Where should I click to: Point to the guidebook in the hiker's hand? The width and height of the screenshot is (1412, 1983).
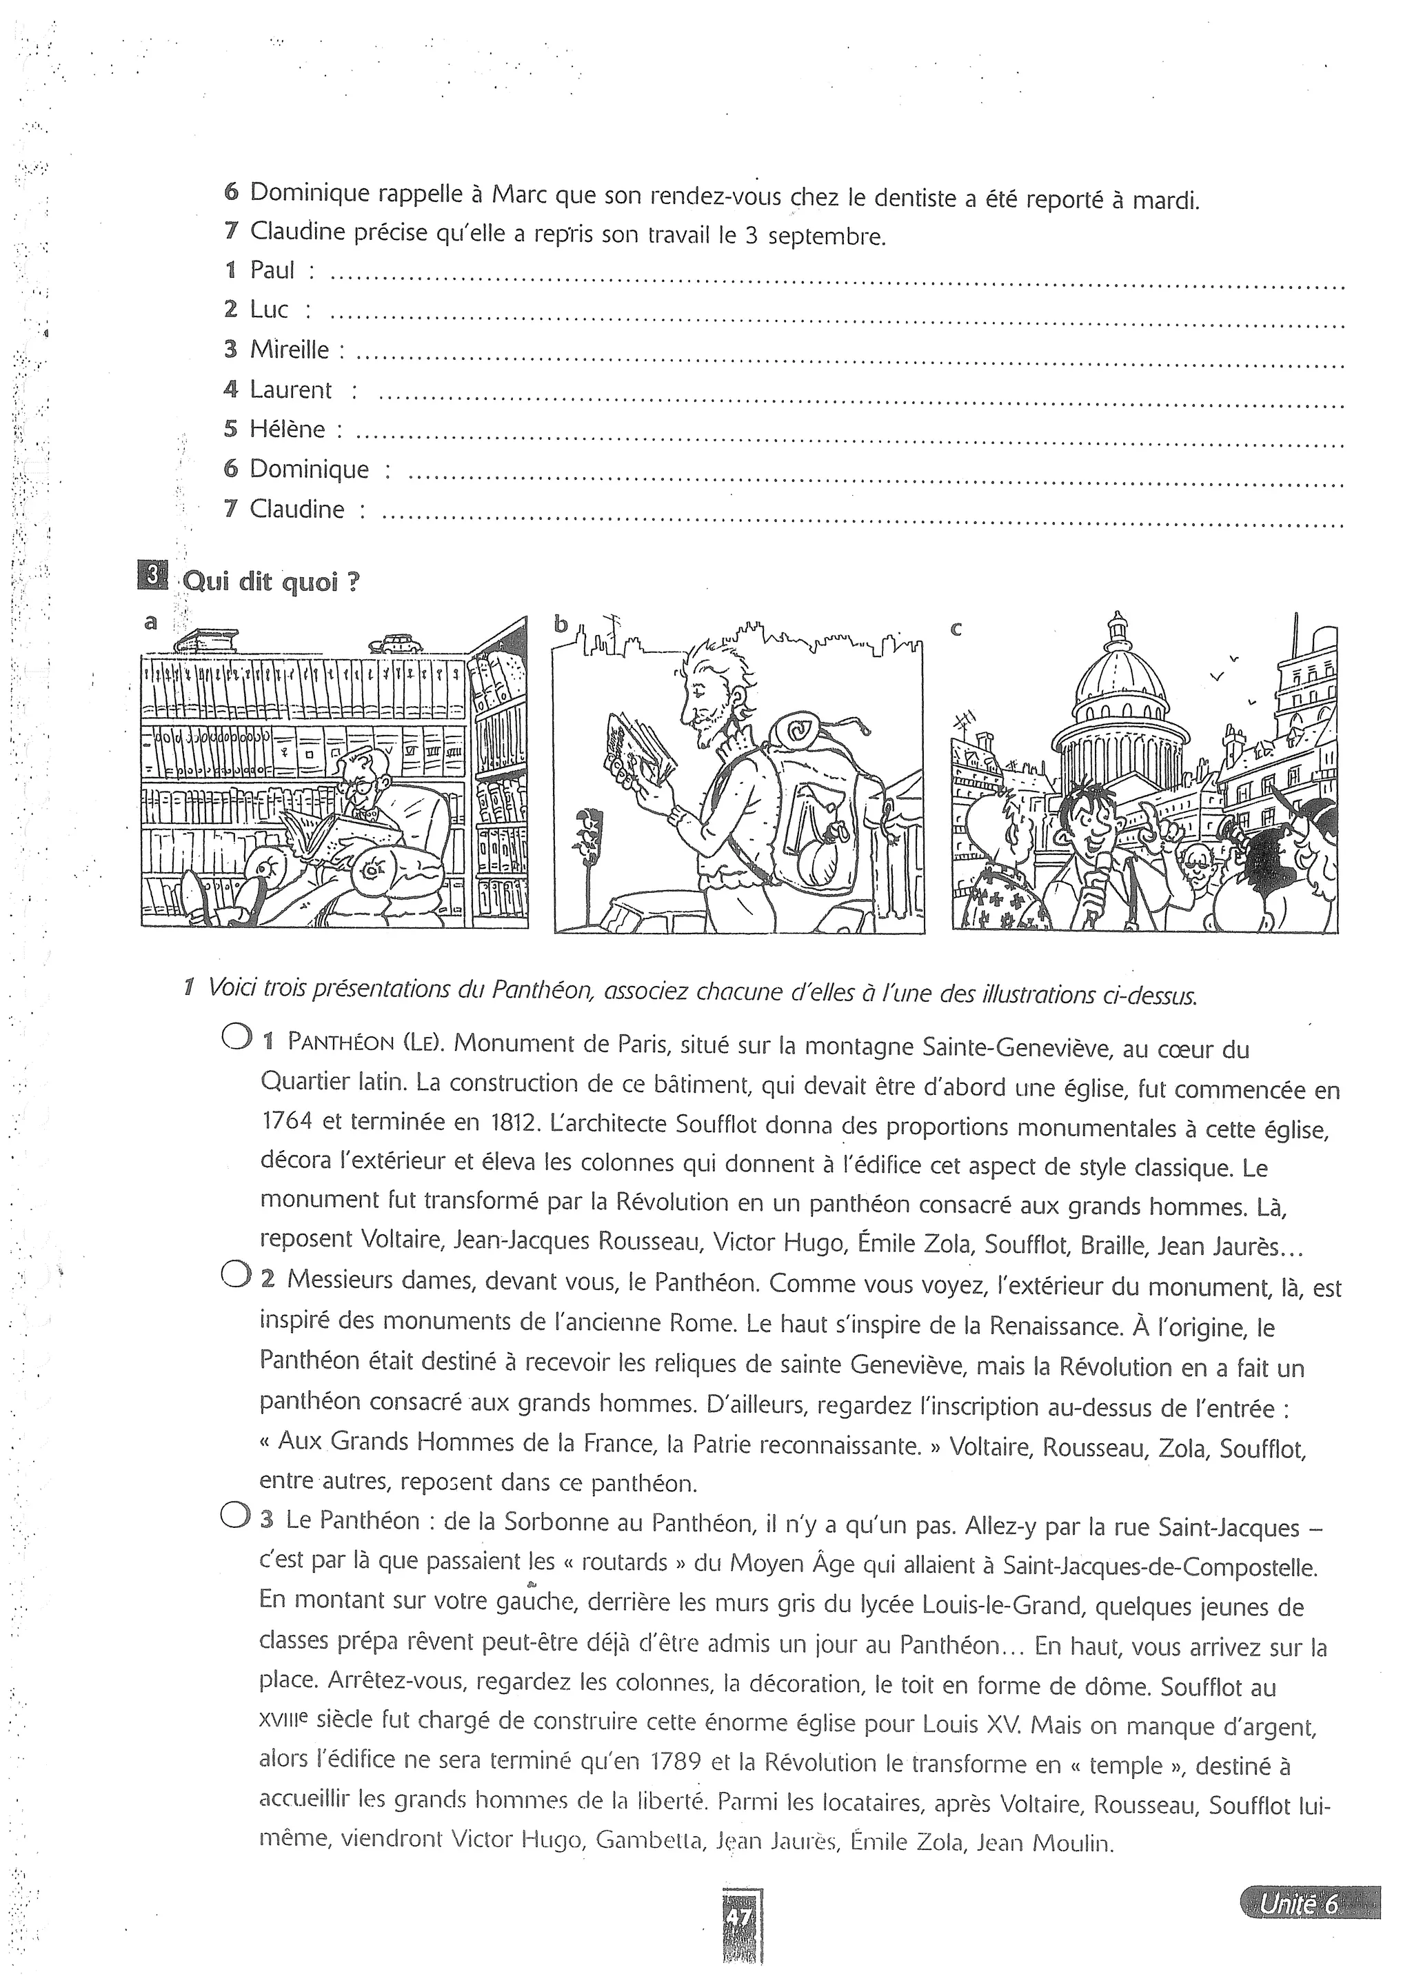pos(638,740)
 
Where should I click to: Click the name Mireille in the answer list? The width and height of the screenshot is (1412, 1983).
pos(290,350)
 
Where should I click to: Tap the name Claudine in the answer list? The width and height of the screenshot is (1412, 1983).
pos(296,509)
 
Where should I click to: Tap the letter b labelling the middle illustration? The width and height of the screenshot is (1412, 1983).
pos(561,623)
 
